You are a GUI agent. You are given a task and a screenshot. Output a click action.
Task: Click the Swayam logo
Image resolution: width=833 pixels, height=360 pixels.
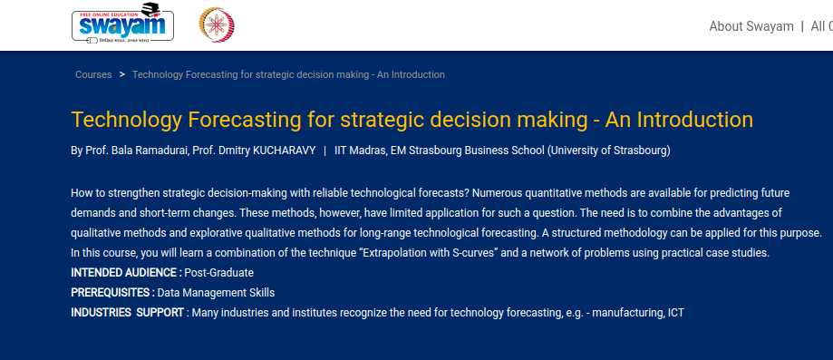pos(122,24)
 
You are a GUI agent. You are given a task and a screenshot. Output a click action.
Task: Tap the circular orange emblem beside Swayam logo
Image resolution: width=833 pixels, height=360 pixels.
pos(217,25)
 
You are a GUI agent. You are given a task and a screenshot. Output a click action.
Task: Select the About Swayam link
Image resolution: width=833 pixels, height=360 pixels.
pos(751,26)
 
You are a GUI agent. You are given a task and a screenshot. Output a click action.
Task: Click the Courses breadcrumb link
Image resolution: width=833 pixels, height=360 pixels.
pos(93,74)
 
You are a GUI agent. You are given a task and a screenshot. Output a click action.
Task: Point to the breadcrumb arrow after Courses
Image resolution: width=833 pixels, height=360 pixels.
pos(122,74)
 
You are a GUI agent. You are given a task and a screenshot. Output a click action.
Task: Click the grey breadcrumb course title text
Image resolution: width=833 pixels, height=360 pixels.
pos(288,74)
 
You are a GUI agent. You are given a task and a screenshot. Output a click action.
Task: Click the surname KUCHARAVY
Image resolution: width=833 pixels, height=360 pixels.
pos(285,151)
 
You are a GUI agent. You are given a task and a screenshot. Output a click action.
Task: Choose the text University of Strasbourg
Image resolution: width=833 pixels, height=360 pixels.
pos(608,151)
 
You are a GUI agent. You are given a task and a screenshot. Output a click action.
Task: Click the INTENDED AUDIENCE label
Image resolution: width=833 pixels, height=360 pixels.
pos(126,273)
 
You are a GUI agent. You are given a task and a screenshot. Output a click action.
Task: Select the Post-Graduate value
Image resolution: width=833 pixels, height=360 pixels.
pos(218,273)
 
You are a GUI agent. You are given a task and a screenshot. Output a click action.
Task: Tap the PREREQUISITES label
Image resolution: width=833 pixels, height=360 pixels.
pos(113,293)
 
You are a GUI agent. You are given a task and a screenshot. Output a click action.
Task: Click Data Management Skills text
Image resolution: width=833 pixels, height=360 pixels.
pos(217,293)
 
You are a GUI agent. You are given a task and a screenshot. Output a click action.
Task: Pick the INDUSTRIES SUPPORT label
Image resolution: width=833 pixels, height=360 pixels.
pos(128,313)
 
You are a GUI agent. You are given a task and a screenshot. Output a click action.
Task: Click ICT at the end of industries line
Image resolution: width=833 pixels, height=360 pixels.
pos(676,313)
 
